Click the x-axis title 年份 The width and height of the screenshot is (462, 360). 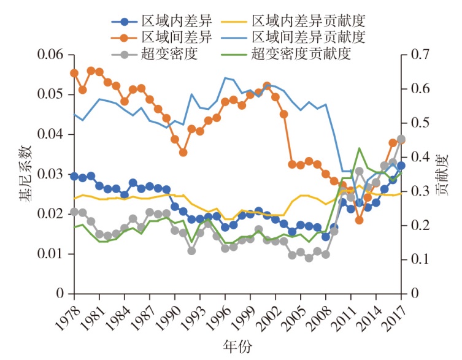(236, 348)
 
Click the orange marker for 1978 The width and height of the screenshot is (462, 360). (74, 73)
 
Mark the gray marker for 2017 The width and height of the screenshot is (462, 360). (401, 139)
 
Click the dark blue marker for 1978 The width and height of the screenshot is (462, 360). (74, 177)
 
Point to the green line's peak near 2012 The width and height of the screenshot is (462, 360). (359, 148)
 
